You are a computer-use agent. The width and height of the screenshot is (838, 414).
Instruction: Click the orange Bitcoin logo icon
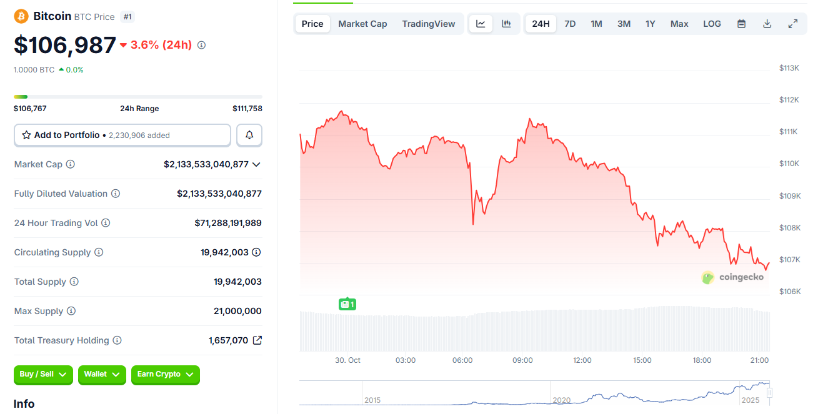(21, 16)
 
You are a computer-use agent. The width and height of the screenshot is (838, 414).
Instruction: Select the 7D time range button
(570, 24)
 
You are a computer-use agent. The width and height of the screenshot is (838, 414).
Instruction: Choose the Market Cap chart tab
(362, 24)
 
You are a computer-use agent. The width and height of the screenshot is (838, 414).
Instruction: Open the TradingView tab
(429, 24)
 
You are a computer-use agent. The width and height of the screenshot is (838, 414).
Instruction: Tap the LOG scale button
(712, 24)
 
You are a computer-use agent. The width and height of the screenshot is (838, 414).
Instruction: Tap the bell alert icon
(249, 135)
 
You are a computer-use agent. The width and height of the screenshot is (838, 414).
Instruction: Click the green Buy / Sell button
(43, 375)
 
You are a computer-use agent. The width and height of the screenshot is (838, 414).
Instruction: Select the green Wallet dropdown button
(102, 375)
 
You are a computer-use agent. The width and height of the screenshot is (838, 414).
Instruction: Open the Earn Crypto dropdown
(166, 375)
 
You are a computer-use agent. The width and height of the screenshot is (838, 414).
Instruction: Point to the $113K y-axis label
(789, 67)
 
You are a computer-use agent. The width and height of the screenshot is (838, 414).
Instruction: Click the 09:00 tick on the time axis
(522, 360)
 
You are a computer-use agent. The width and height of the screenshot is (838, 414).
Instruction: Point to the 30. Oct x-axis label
(347, 360)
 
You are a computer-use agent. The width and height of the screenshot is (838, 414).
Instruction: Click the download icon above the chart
(767, 24)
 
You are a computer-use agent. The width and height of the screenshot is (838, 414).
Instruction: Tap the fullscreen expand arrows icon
(793, 24)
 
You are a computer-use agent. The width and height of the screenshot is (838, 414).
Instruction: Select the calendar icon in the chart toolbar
(742, 24)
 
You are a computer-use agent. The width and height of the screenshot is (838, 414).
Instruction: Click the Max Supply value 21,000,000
(237, 311)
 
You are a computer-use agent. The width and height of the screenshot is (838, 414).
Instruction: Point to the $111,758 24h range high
(247, 109)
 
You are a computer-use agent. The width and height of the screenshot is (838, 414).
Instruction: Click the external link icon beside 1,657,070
(257, 340)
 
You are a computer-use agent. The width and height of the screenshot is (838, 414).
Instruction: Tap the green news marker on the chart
(347, 304)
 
